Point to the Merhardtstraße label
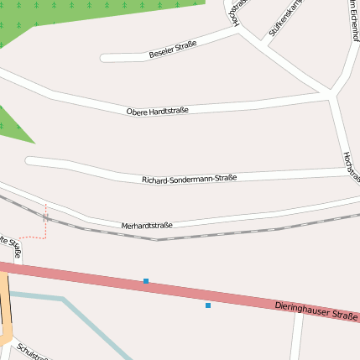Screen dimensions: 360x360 pos(147,226)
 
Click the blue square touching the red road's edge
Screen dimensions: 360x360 pos(146,281)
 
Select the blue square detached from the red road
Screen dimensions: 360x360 pos(208,305)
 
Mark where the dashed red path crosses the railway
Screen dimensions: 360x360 pos(46,217)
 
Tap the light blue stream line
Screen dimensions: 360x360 pos(92,323)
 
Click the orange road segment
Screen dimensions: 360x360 pos(3,310)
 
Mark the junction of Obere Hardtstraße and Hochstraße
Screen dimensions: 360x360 pos(335,96)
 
